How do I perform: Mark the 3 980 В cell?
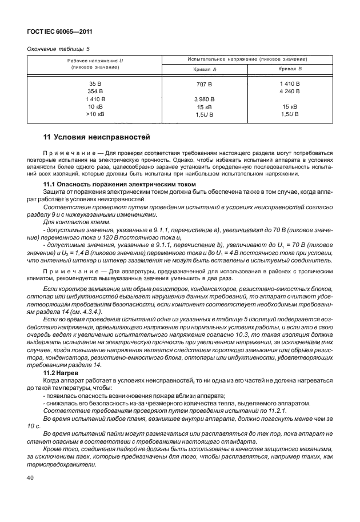204,99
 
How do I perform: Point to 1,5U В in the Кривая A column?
204,115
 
